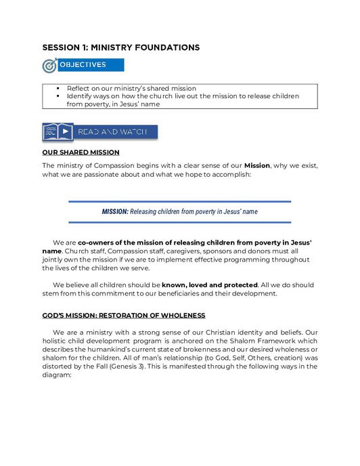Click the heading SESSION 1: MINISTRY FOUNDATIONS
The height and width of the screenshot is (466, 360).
(x=120, y=47)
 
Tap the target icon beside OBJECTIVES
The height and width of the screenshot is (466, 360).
(x=49, y=66)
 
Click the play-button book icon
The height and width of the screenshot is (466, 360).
(x=58, y=131)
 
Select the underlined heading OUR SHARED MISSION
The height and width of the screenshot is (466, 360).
(x=81, y=152)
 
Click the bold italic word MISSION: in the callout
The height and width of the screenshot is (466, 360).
(x=115, y=211)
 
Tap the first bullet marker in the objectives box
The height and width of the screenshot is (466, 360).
(x=59, y=88)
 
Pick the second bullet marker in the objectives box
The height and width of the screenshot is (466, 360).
(x=59, y=96)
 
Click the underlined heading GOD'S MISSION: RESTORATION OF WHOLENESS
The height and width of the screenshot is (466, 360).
(x=124, y=316)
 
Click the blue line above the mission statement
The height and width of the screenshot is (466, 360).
(x=179, y=201)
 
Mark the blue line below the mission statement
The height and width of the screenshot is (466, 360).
(x=179, y=222)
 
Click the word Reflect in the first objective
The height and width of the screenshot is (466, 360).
(x=78, y=88)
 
